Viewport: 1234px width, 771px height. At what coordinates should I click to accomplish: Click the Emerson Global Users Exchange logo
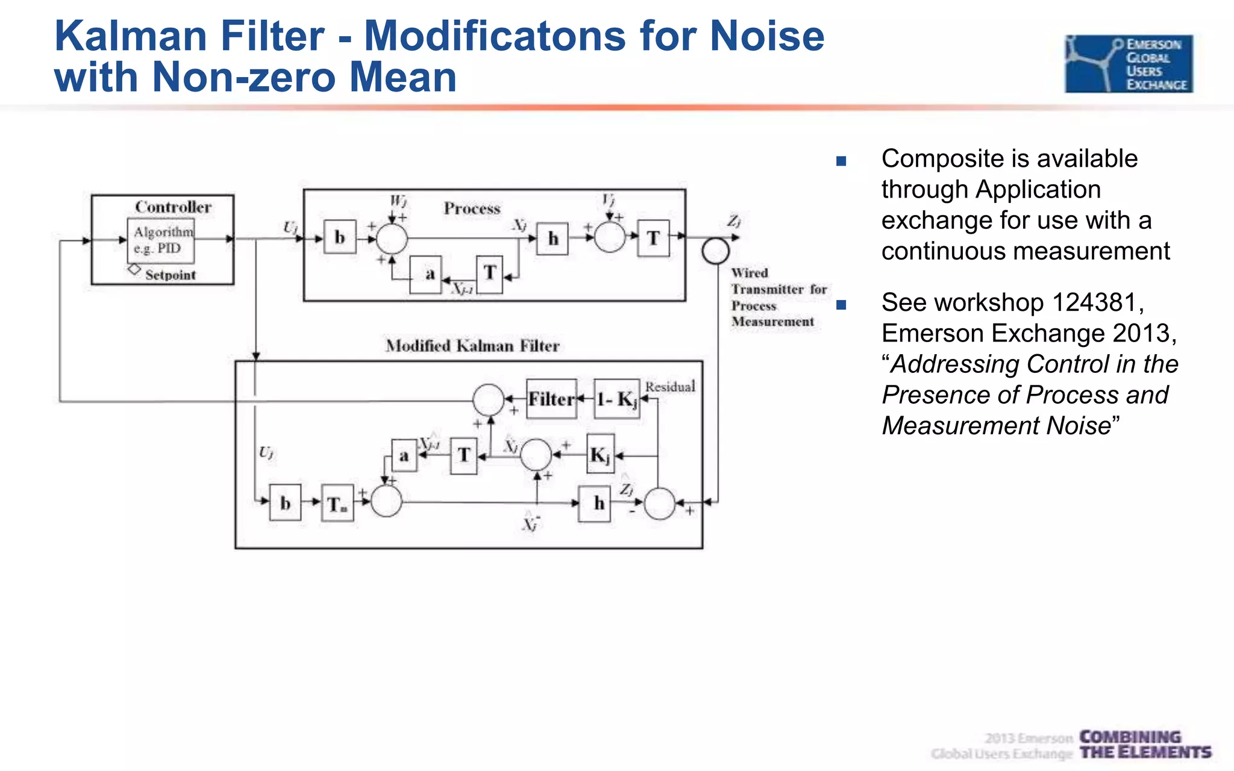pos(1129,64)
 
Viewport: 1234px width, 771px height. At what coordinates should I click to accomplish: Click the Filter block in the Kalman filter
pos(551,399)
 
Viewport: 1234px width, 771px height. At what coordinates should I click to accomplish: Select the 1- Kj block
pos(616,399)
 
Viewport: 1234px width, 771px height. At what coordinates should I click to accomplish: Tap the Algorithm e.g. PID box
pos(161,240)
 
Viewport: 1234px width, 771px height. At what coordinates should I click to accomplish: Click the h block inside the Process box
pos(553,239)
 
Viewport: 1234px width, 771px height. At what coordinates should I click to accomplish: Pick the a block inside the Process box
pos(426,275)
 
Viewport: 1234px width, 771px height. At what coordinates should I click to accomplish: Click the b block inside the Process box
pos(340,237)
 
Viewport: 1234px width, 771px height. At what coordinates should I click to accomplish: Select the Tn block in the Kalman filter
pos(337,503)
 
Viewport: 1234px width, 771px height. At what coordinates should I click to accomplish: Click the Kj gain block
pos(601,455)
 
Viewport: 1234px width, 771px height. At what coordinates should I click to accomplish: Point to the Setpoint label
pos(171,275)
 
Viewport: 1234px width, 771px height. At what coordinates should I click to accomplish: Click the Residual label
pos(670,387)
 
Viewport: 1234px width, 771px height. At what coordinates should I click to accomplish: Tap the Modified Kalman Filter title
pos(472,346)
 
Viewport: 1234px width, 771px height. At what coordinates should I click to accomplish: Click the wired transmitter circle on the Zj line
pos(715,251)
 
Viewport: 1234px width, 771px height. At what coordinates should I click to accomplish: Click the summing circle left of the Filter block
pos(488,399)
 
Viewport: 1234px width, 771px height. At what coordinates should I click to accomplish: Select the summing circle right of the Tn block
pos(386,502)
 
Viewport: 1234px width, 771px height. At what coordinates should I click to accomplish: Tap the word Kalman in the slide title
pos(131,36)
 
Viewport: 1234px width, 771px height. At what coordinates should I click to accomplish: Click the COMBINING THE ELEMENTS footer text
pos(1144,745)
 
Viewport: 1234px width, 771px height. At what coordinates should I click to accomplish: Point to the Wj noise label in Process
pos(398,200)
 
